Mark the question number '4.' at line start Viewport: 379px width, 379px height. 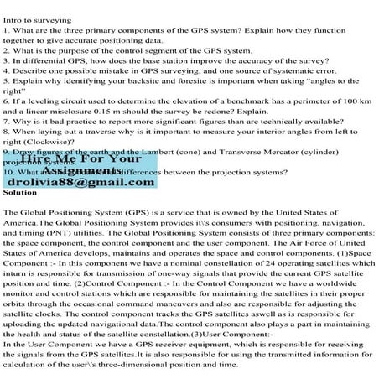click(x=6, y=72)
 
